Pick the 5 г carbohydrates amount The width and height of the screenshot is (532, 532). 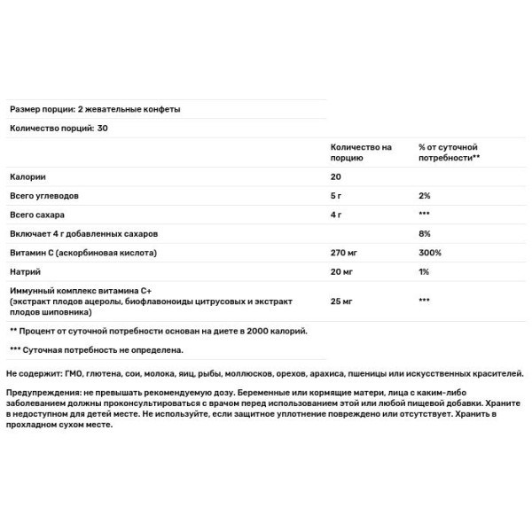[336, 196]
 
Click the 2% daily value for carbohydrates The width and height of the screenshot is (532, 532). [425, 196]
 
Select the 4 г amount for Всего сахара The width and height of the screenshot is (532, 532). [336, 215]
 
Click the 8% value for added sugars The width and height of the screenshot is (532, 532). [425, 234]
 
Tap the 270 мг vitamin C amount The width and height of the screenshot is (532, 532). [343, 253]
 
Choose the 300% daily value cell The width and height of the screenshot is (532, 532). [429, 253]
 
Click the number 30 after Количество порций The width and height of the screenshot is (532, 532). [104, 128]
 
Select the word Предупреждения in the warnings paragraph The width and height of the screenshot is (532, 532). [42, 393]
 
